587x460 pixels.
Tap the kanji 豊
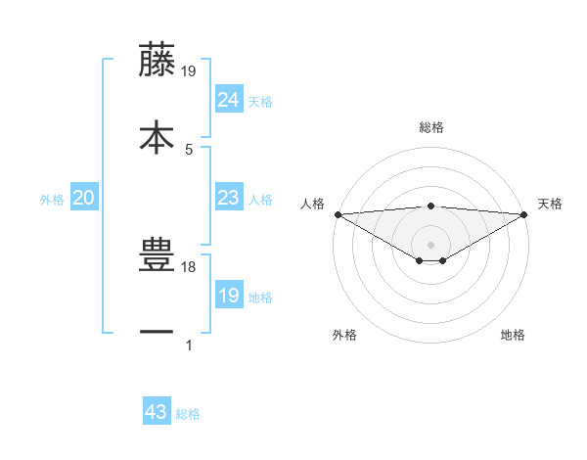tap(158, 256)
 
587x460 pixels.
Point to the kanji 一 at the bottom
tap(158, 333)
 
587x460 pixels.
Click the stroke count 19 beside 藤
tap(189, 70)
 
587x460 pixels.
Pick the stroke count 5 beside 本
tap(189, 149)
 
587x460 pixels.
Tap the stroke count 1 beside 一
tap(189, 345)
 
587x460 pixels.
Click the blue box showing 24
tap(228, 99)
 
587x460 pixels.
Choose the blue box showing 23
tap(228, 198)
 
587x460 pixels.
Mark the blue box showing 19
tap(228, 295)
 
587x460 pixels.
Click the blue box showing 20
tap(84, 198)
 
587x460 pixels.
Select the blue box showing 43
tap(157, 412)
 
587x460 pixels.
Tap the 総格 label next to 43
tap(188, 414)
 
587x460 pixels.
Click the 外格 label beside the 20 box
tap(52, 200)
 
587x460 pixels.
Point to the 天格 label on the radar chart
tap(550, 204)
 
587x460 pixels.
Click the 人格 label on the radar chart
tap(312, 204)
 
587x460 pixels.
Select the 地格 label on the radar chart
tap(513, 335)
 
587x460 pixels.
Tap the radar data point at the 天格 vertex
tap(524, 214)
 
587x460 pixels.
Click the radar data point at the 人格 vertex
tap(338, 214)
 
